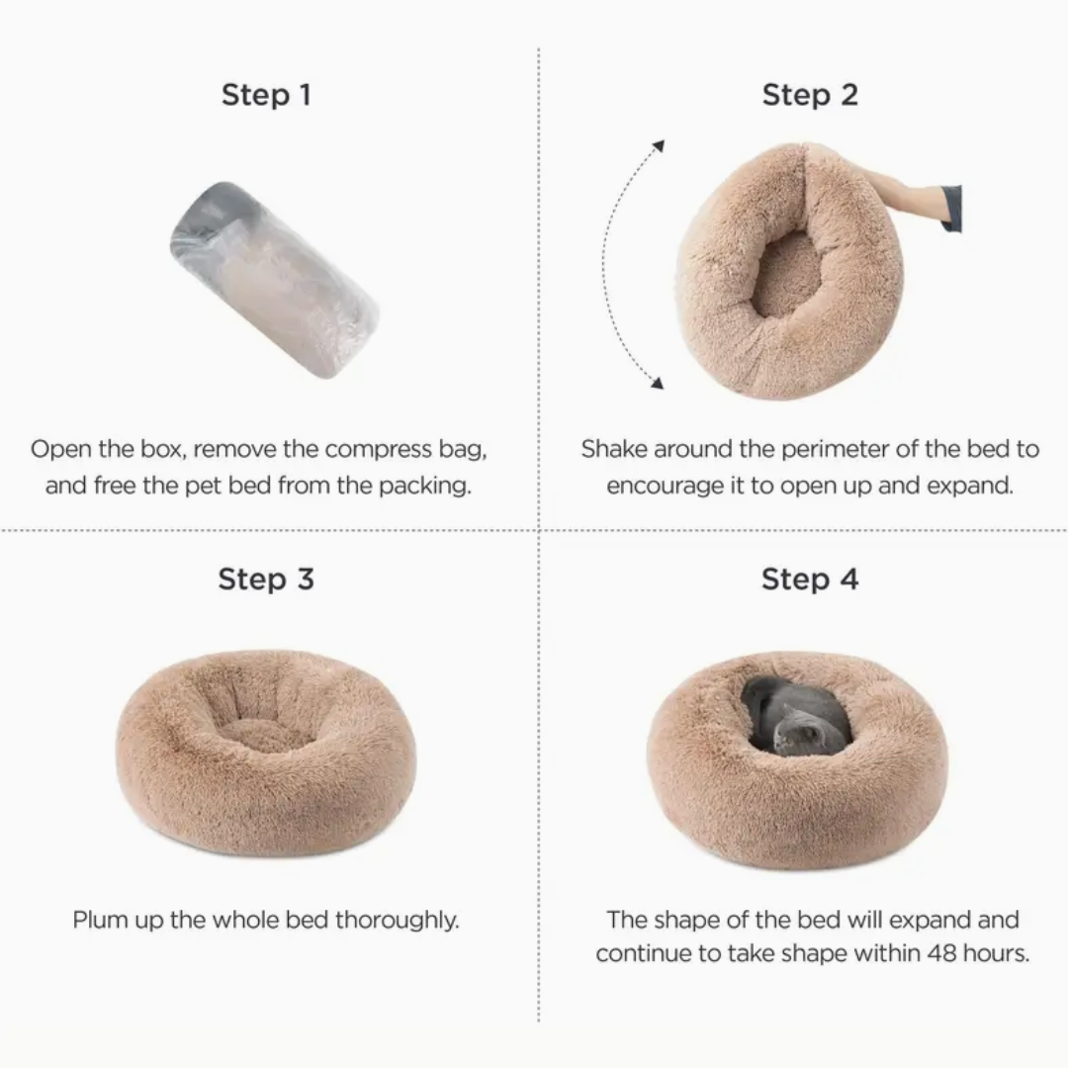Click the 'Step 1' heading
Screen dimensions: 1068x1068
click(266, 95)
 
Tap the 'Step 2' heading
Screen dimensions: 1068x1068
click(810, 95)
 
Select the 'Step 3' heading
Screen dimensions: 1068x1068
click(266, 578)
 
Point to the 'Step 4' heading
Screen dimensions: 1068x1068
click(810, 578)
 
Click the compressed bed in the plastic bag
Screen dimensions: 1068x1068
click(274, 279)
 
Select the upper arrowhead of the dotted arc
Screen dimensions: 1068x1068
click(658, 146)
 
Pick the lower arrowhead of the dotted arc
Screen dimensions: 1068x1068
click(657, 383)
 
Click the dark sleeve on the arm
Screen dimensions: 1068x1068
click(951, 209)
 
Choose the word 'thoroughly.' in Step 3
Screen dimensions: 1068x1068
click(398, 921)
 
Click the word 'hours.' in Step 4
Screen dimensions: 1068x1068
click(997, 953)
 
